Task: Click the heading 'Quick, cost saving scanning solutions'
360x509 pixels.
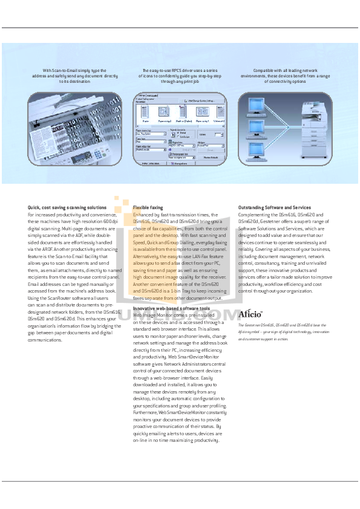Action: (67, 207)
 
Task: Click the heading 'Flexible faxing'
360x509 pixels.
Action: (149, 207)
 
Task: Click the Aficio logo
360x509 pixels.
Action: (250, 314)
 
